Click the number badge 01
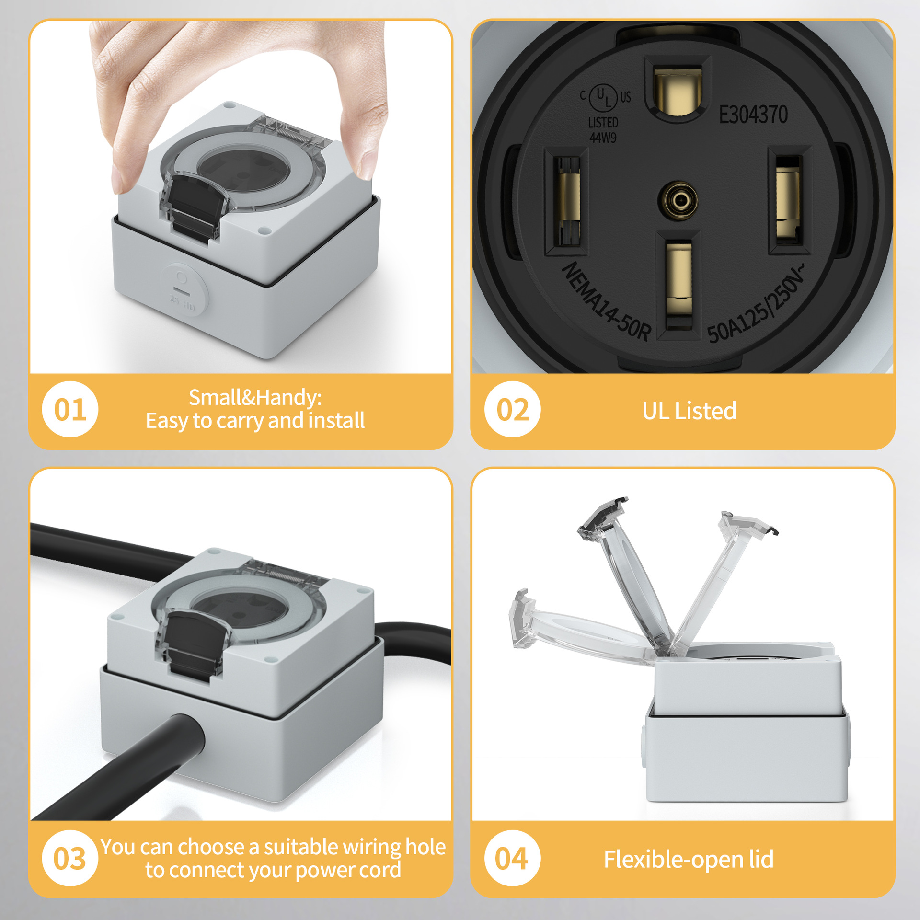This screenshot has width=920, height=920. click(x=70, y=409)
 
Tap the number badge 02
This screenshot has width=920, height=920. click(x=512, y=409)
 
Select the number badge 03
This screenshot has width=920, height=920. click(x=70, y=858)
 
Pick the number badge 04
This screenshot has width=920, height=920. click(x=512, y=858)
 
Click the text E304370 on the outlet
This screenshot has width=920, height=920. click(x=753, y=115)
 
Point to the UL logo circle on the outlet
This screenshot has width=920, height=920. click(x=603, y=97)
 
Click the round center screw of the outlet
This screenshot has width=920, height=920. click(x=678, y=200)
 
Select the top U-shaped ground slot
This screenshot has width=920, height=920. click(x=678, y=91)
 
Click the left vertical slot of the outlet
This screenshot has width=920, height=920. click(x=567, y=201)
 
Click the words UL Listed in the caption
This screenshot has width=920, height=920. click(x=689, y=411)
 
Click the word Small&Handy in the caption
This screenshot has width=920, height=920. click(x=255, y=398)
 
